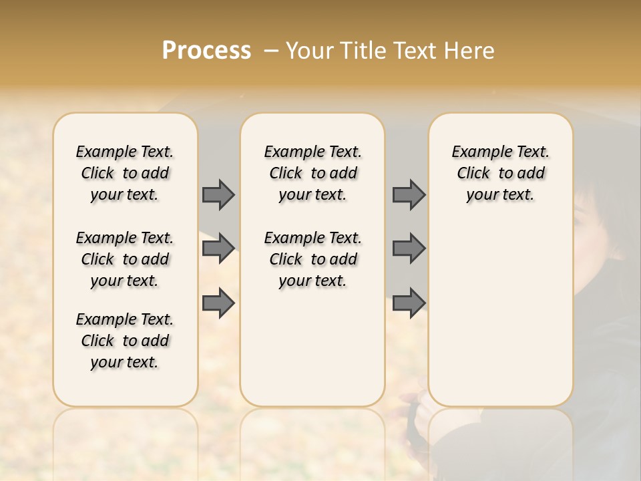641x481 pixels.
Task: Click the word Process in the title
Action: [206, 51]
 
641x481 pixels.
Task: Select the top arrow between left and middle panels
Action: [218, 194]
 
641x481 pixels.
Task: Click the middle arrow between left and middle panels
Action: [218, 248]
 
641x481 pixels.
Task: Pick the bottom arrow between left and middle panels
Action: [218, 303]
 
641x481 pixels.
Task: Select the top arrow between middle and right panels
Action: [409, 194]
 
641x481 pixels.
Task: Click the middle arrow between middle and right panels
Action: [409, 248]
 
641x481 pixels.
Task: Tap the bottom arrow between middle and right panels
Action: [409, 303]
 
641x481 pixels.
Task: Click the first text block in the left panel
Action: [125, 173]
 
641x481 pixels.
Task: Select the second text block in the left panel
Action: [125, 259]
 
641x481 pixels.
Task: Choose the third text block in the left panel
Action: [125, 341]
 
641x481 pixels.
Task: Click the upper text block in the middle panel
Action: [312, 173]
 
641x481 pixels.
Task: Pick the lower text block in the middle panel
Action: [312, 259]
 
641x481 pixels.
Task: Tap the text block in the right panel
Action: [500, 173]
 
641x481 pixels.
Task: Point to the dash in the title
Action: [271, 51]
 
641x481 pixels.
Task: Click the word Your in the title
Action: [309, 51]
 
